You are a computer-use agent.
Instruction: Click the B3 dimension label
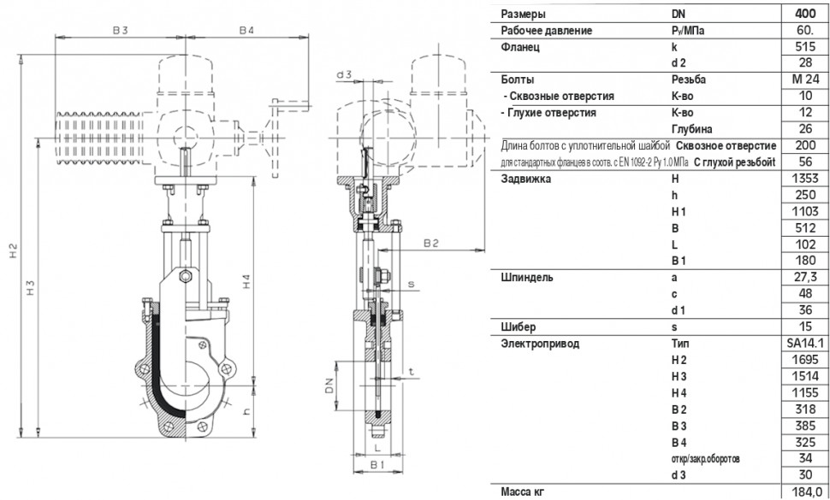[120, 30]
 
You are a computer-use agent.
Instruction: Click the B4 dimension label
[246, 30]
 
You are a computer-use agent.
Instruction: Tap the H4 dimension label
[247, 281]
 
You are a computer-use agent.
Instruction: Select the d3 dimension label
[344, 74]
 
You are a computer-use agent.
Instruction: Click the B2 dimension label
[431, 243]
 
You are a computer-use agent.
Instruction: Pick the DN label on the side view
[329, 385]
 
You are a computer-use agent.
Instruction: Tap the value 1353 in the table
[805, 178]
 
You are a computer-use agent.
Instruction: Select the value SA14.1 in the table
[805, 344]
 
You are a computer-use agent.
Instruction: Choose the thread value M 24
[805, 79]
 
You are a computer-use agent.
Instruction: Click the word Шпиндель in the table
[527, 278]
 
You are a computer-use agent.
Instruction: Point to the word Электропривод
[540, 344]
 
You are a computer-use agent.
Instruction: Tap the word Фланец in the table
[520, 46]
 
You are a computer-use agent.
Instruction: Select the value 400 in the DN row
[805, 14]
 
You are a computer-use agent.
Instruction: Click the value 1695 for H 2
[805, 360]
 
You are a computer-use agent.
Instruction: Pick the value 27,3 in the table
[805, 278]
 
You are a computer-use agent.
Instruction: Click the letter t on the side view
[411, 372]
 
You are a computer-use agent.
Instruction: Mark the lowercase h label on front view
[246, 412]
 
